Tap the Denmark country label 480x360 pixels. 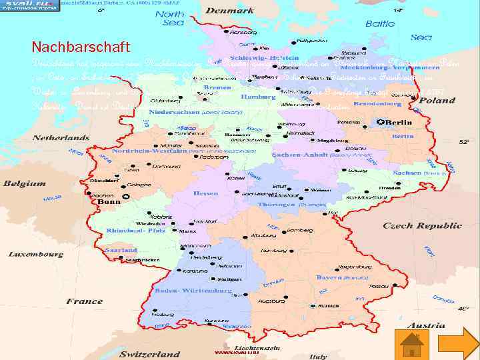click(x=229, y=11)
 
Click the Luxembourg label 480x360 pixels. click(x=36, y=254)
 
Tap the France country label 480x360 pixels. click(x=85, y=301)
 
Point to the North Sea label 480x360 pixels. click(x=174, y=18)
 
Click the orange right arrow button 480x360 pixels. click(x=458, y=344)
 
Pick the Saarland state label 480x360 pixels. click(x=121, y=250)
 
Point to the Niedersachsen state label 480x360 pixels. click(x=187, y=113)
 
